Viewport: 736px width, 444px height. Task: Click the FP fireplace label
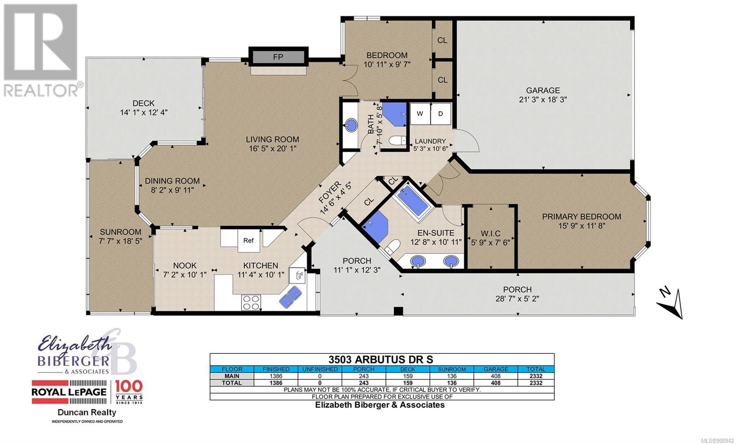(278, 57)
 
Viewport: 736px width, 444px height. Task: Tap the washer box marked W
(420, 114)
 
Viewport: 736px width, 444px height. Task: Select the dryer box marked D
(441, 114)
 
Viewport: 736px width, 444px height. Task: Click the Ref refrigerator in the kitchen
(248, 241)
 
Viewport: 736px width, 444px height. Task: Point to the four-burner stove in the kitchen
(251, 302)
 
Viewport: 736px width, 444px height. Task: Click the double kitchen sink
(290, 297)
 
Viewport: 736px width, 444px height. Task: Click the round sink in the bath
(351, 125)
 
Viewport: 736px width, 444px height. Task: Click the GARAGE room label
(543, 90)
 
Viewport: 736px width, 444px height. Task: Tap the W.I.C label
(490, 233)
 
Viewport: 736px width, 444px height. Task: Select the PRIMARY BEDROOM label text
(581, 217)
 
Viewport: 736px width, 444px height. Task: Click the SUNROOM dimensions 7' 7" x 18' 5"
(121, 241)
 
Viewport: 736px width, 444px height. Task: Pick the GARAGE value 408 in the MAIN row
(495, 376)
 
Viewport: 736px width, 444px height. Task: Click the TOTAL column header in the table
(535, 369)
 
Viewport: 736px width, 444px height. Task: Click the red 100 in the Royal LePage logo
(129, 386)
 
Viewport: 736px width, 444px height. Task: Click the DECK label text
(144, 103)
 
